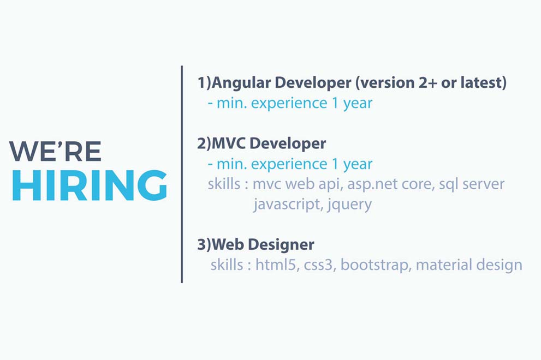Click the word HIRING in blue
point(90,185)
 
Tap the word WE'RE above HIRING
point(56,151)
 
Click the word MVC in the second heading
point(229,143)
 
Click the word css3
point(319,266)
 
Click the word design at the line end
point(499,266)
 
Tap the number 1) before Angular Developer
point(204,83)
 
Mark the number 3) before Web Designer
point(204,244)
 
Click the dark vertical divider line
point(182,174)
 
